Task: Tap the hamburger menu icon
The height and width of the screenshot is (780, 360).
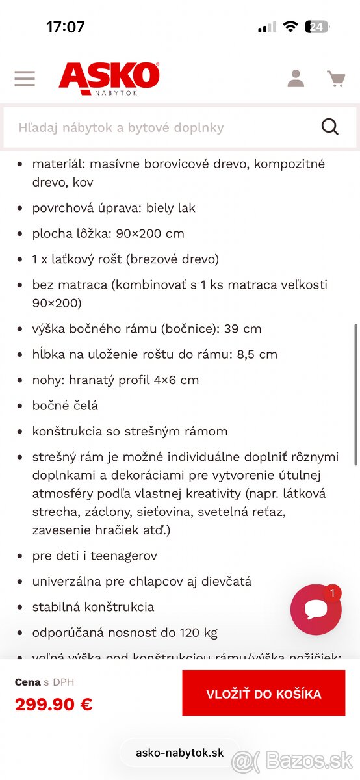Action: tap(25, 79)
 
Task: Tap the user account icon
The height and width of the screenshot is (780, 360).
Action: tap(296, 79)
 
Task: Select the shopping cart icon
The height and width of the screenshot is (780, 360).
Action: tap(336, 79)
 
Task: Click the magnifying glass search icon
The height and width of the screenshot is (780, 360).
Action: tap(330, 127)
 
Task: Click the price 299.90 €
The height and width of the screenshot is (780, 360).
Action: tap(54, 704)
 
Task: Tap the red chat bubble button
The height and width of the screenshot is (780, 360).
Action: tap(316, 610)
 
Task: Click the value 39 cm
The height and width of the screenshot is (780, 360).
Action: tap(242, 328)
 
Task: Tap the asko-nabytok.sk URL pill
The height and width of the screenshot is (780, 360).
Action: tap(179, 753)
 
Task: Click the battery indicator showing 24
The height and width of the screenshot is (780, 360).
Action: tap(318, 27)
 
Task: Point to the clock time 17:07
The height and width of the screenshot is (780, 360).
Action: tap(65, 27)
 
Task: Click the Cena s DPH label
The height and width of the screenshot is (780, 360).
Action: tap(45, 682)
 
